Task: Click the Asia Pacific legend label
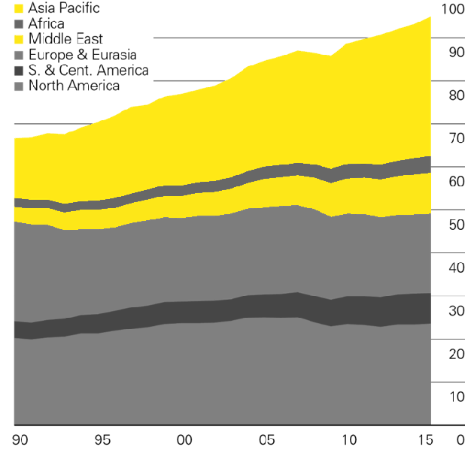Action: [64, 8]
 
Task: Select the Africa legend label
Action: [46, 24]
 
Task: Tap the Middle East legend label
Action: [65, 39]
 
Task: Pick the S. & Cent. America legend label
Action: [88, 71]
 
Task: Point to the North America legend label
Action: [74, 86]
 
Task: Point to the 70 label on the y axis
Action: [455, 138]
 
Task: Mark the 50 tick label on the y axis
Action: [455, 225]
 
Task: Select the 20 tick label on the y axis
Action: [455, 354]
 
